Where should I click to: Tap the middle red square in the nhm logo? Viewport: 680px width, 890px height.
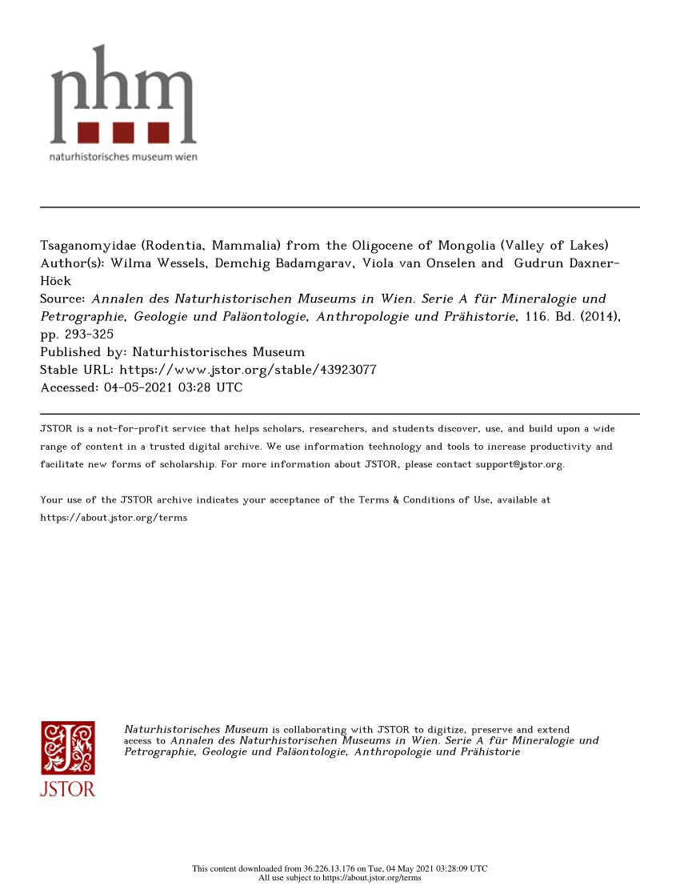(123, 132)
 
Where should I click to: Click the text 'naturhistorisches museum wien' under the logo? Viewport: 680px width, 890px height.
(123, 156)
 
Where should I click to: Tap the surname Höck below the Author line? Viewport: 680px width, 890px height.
(55, 281)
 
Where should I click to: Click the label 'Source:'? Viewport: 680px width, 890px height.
(62, 299)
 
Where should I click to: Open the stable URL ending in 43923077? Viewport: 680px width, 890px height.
(247, 370)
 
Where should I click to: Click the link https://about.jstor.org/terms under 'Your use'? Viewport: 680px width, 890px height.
(114, 517)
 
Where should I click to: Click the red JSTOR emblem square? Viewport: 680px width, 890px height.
(68, 748)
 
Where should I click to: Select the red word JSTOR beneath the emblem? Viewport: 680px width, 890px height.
(68, 789)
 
